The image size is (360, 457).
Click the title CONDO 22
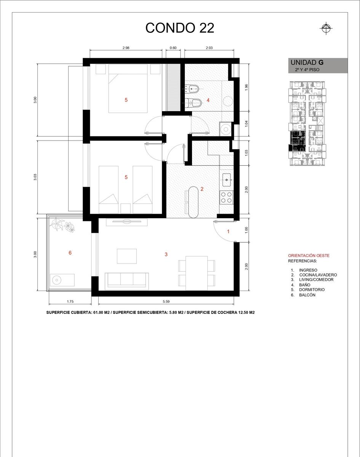click(x=179, y=28)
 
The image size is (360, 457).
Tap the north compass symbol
click(x=326, y=28)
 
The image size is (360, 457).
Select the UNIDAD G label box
click(x=318, y=66)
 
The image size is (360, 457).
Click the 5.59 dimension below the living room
click(x=166, y=301)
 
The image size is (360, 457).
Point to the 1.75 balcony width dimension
click(x=70, y=301)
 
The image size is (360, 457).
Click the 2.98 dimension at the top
click(x=126, y=48)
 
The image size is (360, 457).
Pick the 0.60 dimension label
click(x=173, y=48)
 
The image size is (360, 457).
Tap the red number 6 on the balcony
click(x=70, y=253)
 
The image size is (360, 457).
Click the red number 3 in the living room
click(x=166, y=254)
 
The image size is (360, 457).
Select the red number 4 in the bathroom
click(x=208, y=100)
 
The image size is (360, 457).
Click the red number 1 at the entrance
click(x=228, y=232)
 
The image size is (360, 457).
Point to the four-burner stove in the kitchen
click(x=226, y=197)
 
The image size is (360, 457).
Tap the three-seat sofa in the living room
click(x=127, y=281)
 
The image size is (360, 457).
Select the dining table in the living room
click(x=197, y=273)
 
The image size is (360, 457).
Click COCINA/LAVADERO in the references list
click(x=318, y=275)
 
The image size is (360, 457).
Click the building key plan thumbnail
click(x=306, y=123)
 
